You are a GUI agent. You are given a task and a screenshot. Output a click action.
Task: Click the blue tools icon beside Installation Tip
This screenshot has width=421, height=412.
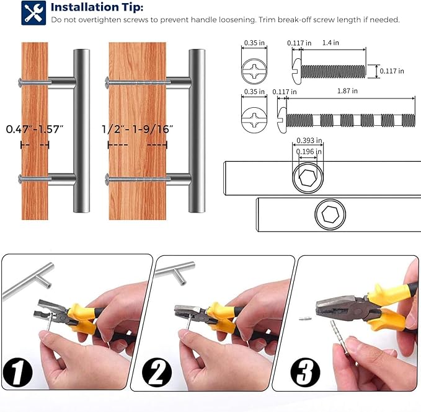[33, 13]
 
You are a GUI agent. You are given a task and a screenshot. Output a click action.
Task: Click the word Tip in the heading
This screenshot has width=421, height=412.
[132, 7]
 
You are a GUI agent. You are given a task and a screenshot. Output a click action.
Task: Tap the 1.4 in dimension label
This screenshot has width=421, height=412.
[330, 43]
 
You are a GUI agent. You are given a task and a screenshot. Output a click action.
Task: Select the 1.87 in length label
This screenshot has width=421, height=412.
[347, 91]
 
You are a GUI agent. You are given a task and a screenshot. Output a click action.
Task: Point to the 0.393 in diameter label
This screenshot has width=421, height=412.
[309, 140]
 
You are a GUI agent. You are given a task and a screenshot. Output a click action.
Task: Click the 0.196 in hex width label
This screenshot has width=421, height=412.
[309, 152]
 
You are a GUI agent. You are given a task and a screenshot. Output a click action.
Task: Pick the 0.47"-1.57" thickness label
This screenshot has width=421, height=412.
[35, 129]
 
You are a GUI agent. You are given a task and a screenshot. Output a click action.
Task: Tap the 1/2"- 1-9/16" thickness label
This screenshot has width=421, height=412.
[138, 129]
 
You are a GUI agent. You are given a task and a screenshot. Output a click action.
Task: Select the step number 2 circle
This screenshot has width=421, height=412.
[157, 373]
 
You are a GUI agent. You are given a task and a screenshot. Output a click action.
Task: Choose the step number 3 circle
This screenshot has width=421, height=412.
[305, 372]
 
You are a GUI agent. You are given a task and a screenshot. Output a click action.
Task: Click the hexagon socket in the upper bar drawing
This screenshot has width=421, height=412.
[308, 178]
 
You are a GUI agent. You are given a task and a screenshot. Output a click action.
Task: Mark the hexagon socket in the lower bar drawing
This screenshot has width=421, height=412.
[330, 214]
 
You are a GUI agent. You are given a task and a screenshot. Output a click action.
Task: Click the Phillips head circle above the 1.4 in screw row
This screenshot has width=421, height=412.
[254, 71]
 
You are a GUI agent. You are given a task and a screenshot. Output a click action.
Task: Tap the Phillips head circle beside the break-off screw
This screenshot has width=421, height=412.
[254, 120]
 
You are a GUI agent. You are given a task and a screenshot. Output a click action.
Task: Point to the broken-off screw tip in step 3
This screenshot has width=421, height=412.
[305, 318]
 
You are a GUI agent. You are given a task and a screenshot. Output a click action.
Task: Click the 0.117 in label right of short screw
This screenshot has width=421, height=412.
[392, 71]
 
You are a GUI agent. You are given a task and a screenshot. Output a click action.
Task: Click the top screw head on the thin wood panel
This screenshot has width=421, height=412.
[20, 82]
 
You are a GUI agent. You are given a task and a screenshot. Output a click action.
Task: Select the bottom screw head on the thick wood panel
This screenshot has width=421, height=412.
[107, 178]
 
